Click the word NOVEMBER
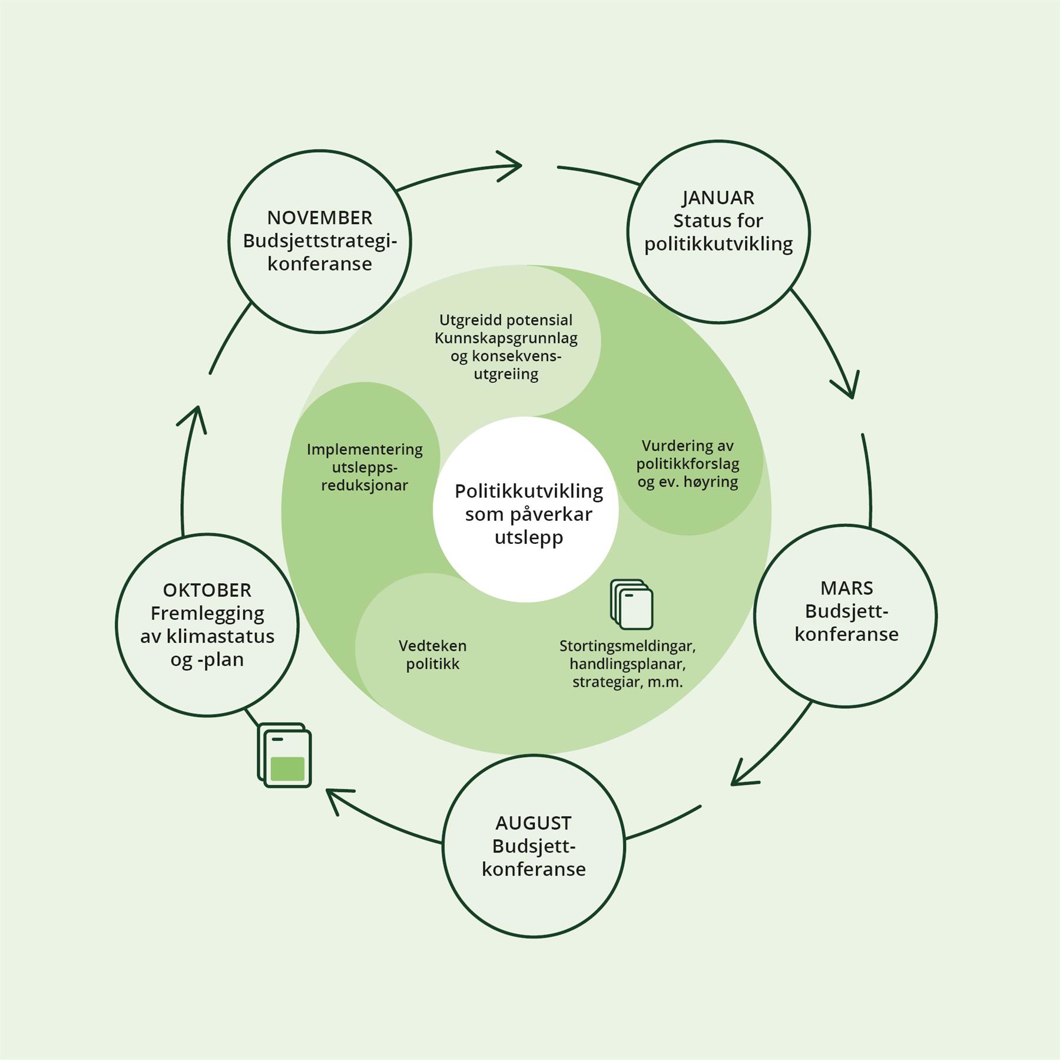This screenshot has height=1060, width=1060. click(x=319, y=218)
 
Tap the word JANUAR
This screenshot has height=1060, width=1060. click(x=718, y=198)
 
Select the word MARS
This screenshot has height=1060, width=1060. click(x=846, y=588)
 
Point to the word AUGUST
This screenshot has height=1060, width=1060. click(x=533, y=823)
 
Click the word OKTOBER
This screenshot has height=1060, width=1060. click(x=207, y=590)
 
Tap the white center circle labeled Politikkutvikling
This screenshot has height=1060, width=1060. click(x=526, y=510)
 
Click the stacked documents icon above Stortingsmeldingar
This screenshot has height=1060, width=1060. click(x=631, y=605)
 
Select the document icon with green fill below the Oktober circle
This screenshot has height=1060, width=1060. click(x=285, y=755)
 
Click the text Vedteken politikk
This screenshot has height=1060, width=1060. click(x=432, y=655)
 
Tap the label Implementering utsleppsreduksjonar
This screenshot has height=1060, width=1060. click(x=365, y=467)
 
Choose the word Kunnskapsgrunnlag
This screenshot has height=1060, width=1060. click(x=506, y=338)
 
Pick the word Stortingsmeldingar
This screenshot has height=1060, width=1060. click(x=627, y=646)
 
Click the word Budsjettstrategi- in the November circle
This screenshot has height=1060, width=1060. click(x=319, y=242)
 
